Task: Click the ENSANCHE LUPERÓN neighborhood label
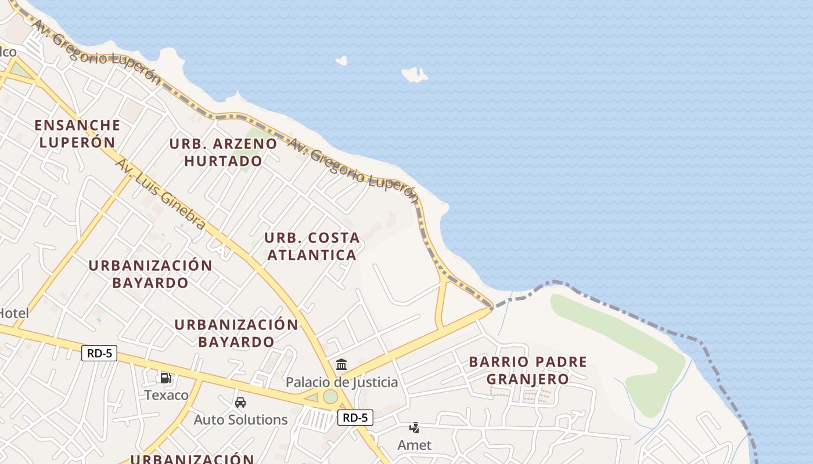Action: coord(77,133)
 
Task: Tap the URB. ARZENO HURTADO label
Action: coord(223,152)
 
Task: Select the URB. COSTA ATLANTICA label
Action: coord(312,246)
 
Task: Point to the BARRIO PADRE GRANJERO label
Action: coord(528,371)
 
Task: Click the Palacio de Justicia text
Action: coord(341,382)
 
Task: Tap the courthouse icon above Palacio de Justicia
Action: coord(341,365)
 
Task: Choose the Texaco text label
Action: coord(166,395)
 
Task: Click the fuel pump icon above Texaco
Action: coord(166,378)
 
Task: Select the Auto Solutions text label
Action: coord(240,419)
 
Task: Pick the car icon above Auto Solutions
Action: coord(240,402)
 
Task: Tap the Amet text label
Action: coord(414,445)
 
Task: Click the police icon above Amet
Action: coord(414,428)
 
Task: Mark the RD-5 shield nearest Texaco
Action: coord(99,353)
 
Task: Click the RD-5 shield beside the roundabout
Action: coord(355,417)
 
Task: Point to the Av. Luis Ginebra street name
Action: coord(160,194)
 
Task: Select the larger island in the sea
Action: coord(415,74)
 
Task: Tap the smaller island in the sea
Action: coord(341,60)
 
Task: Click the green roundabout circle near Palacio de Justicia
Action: coord(330,397)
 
